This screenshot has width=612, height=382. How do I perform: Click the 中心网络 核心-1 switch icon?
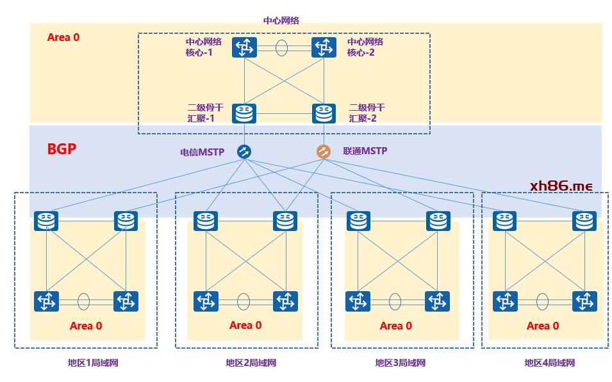(x=244, y=47)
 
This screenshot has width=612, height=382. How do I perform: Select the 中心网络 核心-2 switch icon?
(x=324, y=47)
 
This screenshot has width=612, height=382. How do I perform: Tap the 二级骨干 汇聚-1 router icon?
(x=244, y=113)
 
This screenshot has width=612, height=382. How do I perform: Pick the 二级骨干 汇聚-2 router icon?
(x=324, y=113)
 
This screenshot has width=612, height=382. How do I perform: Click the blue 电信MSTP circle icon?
(x=244, y=152)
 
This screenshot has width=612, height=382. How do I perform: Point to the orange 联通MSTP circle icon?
(x=324, y=152)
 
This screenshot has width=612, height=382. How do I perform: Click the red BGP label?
(x=62, y=150)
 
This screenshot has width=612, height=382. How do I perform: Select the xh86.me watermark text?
(x=561, y=186)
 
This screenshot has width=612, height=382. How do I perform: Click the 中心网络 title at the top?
(x=281, y=20)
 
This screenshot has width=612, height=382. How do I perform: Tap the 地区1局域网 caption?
(x=93, y=363)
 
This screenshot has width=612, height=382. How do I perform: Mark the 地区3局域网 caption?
(x=401, y=363)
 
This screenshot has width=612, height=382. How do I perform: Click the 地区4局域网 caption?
(x=549, y=363)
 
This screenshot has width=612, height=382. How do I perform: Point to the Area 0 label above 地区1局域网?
(x=86, y=326)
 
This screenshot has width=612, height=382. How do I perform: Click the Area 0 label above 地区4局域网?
(x=543, y=326)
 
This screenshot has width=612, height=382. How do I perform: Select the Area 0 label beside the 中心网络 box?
(x=63, y=37)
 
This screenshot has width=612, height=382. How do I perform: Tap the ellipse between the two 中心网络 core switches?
(x=282, y=47)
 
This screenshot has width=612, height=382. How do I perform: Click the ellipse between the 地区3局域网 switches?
(x=395, y=301)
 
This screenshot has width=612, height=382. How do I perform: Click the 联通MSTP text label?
(x=365, y=152)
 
